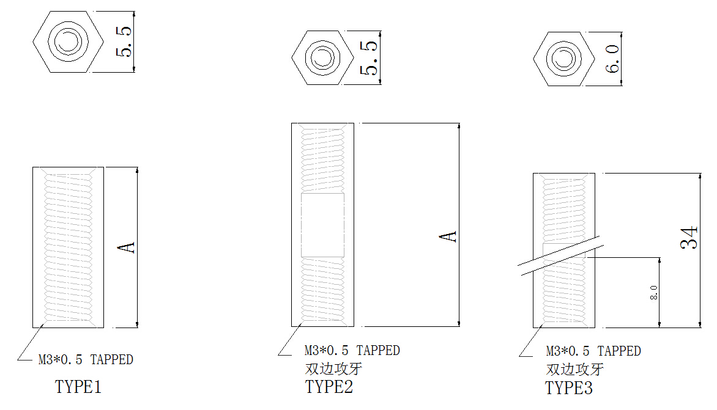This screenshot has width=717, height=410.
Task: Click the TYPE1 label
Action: coord(78,387)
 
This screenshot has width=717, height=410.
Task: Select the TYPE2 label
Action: coord(329,387)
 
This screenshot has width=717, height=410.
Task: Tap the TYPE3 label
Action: coord(569,388)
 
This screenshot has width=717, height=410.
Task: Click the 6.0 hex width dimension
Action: coord(612,59)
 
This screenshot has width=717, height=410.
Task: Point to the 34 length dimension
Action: coord(689,238)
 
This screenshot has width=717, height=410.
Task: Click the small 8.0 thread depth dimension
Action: coord(654,292)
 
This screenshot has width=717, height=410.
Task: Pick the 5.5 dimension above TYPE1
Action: coord(124,42)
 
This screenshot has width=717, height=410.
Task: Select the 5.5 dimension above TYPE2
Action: coord(368,57)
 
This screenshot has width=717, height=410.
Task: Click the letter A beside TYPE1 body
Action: coord(126,247)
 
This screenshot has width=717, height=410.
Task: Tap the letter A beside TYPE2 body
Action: coord(448,236)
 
